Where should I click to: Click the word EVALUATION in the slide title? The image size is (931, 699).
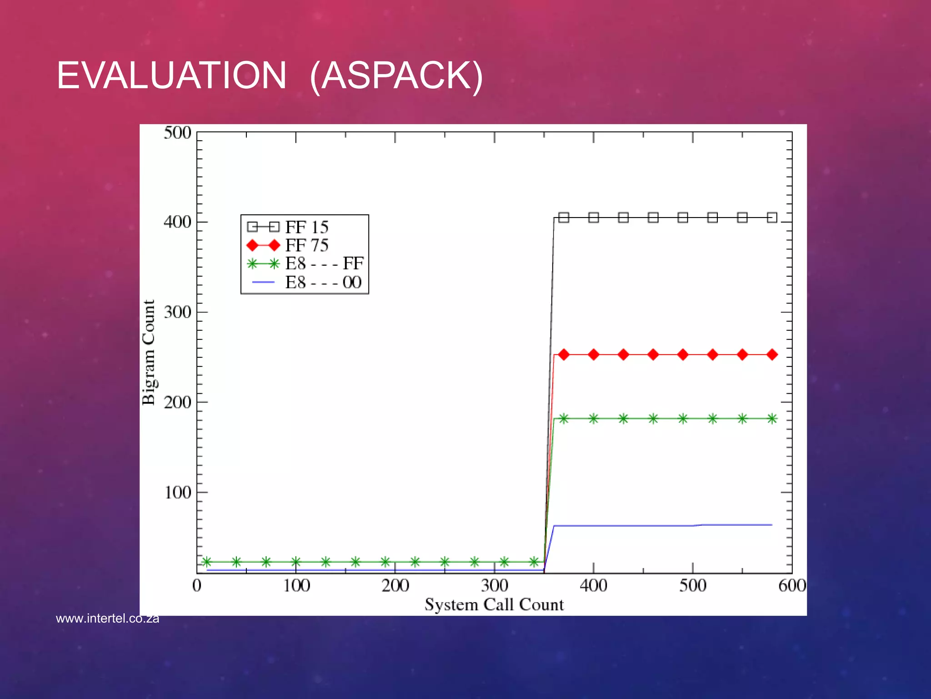click(x=171, y=76)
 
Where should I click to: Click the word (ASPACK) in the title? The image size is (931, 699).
click(x=396, y=76)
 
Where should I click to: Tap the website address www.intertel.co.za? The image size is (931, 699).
click(x=107, y=618)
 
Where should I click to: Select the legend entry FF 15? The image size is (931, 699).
click(x=306, y=227)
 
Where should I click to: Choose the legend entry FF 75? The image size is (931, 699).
click(x=306, y=245)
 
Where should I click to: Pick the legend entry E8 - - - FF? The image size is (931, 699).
click(x=324, y=263)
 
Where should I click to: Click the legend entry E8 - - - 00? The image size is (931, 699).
click(x=323, y=283)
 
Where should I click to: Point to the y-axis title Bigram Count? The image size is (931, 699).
click(x=149, y=353)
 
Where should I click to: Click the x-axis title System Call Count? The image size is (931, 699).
click(x=494, y=605)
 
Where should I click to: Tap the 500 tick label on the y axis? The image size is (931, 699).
click(x=177, y=133)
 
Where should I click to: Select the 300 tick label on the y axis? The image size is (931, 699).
click(x=177, y=312)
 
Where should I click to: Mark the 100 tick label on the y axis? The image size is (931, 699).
click(x=177, y=492)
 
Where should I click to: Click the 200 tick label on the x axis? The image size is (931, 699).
click(x=395, y=585)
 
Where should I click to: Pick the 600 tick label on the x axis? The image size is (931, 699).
click(x=792, y=585)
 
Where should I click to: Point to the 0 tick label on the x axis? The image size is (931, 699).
click(x=197, y=585)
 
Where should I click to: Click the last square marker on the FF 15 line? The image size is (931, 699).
click(x=772, y=218)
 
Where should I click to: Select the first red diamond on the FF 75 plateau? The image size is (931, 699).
click(x=564, y=355)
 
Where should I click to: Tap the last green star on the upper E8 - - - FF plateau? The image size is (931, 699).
click(x=772, y=419)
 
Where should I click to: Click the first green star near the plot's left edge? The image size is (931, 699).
click(x=206, y=562)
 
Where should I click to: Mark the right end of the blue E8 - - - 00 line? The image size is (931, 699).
click(x=771, y=525)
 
